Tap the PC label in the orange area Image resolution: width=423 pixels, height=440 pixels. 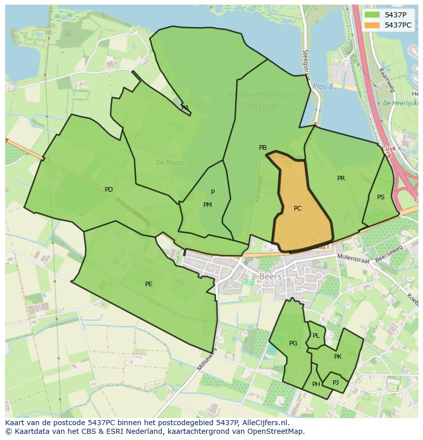click(297, 209)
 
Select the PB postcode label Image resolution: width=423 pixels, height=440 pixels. click(263, 148)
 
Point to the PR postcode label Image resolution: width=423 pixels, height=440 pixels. click(341, 178)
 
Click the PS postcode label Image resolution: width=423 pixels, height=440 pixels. click(381, 197)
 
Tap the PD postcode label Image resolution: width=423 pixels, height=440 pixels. click(108, 190)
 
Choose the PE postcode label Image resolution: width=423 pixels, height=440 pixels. click(149, 284)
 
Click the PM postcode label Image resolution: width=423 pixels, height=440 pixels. click(207, 205)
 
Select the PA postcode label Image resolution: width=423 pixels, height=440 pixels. click(185, 108)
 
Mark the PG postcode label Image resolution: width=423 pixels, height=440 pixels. click(293, 343)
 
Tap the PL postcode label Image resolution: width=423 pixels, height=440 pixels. click(316, 336)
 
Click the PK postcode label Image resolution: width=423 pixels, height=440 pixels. click(338, 357)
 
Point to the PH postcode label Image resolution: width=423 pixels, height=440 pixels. click(316, 384)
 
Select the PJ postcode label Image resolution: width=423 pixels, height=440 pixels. click(335, 382)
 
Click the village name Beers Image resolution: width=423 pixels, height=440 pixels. click(270, 276)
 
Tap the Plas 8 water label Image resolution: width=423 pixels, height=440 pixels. click(322, 86)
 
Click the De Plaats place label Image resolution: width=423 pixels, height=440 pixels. click(170, 163)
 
